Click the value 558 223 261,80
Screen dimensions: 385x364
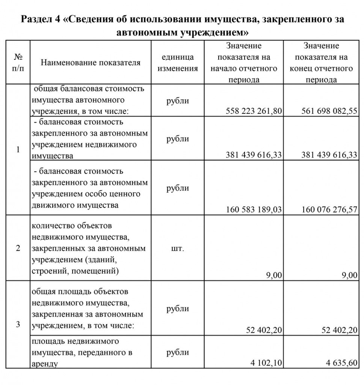coord(254,111)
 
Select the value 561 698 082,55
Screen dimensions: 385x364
coord(329,111)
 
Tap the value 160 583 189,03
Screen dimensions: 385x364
coord(254,209)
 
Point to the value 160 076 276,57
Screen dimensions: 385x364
coord(329,209)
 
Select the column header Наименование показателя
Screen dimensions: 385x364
coord(91,62)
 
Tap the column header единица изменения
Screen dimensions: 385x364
coord(178,63)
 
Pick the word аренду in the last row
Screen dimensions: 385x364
coord(45,364)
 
